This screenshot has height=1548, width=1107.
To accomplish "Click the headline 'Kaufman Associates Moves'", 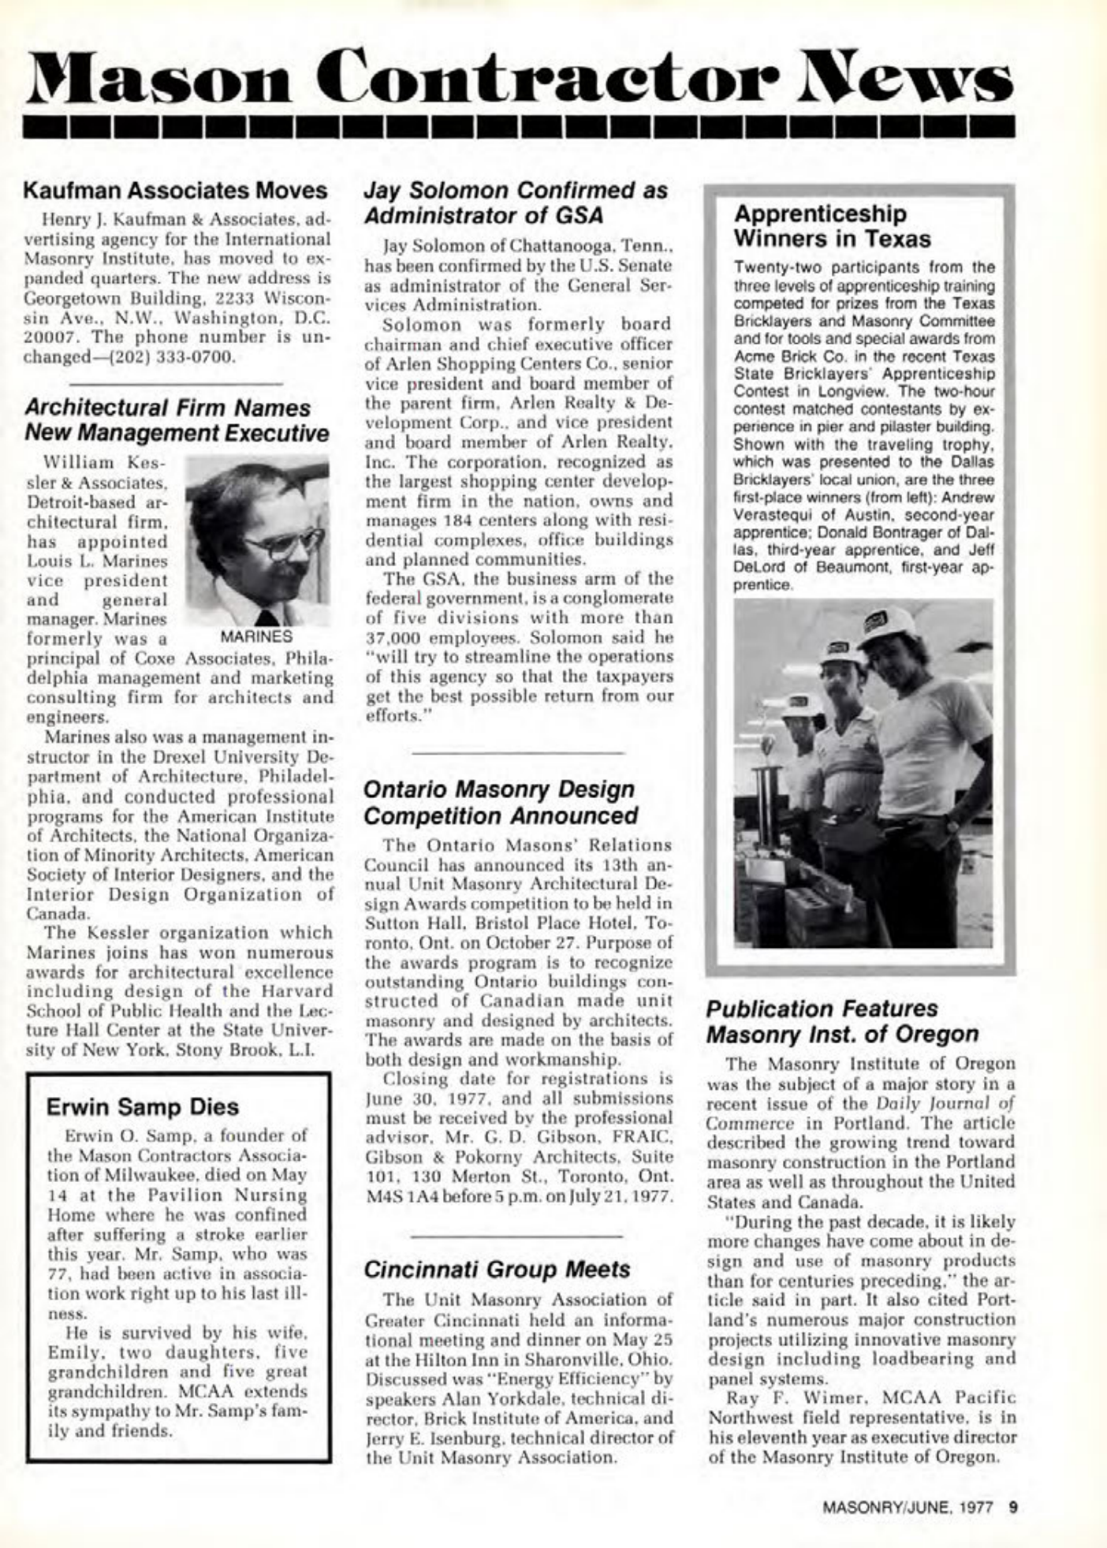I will [175, 191].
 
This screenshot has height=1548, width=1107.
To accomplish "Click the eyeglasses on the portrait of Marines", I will [280, 543].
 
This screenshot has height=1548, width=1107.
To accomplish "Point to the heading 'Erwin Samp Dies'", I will [142, 1107].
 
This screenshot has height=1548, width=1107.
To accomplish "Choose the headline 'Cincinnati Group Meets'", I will [498, 1269].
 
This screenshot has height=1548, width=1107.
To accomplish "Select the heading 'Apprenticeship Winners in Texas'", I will [832, 226].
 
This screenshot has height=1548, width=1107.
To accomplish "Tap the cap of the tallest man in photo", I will [887, 625].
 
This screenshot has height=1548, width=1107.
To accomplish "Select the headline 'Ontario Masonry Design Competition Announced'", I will [501, 802].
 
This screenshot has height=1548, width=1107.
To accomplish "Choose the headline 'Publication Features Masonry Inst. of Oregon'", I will [842, 1021].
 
